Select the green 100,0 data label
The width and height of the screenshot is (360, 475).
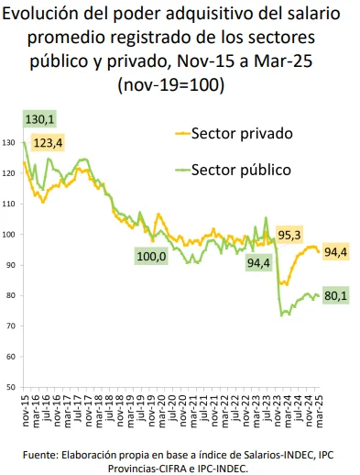(x=151, y=256)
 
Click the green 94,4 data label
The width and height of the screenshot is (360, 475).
(x=259, y=263)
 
